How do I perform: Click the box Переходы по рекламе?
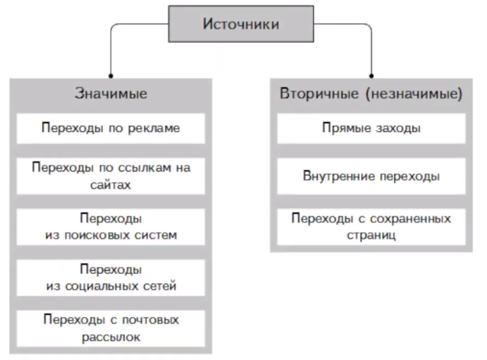pyautogui.click(x=111, y=128)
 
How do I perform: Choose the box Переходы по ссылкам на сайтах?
pyautogui.click(x=111, y=174)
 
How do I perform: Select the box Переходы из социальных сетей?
pyautogui.click(x=111, y=278)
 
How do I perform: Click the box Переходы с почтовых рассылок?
pyautogui.click(x=111, y=328)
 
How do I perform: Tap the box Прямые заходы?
pyautogui.click(x=370, y=128)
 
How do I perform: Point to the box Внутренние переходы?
pyautogui.click(x=370, y=176)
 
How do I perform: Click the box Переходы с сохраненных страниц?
pyautogui.click(x=370, y=227)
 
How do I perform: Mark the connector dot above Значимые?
pyautogui.click(x=111, y=76)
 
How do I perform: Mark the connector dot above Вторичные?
pyautogui.click(x=370, y=76)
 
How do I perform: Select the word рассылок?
pyautogui.click(x=111, y=336)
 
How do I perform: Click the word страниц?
pyautogui.click(x=370, y=235)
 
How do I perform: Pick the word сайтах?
pyautogui.click(x=111, y=184)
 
